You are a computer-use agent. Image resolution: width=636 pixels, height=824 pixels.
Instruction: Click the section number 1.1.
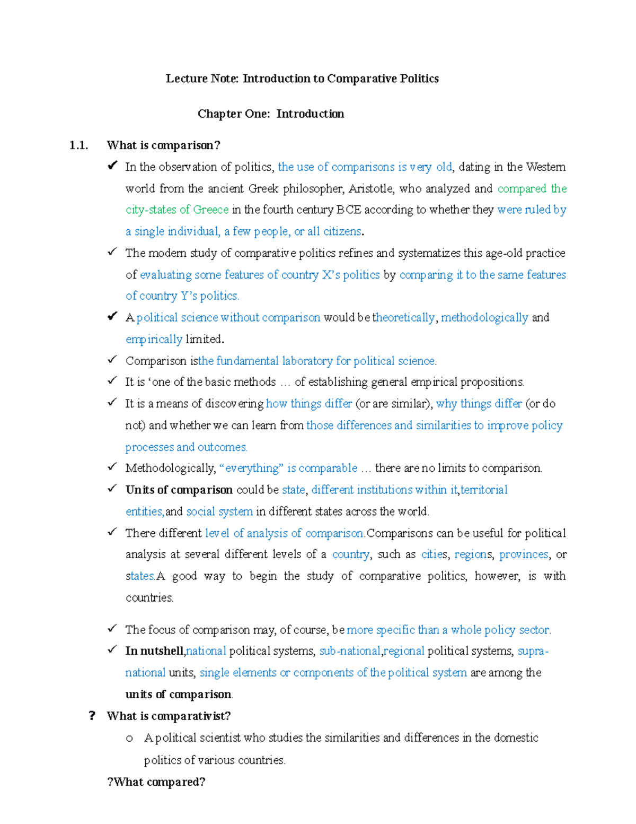78,145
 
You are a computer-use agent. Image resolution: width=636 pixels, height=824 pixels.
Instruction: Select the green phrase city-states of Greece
177,210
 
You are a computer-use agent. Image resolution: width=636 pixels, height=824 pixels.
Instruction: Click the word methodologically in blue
484,317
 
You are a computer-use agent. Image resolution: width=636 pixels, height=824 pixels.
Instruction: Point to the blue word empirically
154,339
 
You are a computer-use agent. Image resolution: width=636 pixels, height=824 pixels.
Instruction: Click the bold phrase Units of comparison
179,490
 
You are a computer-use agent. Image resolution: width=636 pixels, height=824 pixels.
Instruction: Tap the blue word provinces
524,554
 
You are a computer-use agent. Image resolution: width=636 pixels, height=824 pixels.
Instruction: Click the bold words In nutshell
155,651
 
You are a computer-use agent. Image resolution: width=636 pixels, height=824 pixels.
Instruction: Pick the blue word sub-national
350,651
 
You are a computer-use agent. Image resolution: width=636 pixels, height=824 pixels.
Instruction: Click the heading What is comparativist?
169,716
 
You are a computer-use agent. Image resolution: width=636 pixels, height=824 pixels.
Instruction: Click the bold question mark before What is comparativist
92,716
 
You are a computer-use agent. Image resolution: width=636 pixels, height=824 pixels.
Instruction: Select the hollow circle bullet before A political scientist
129,739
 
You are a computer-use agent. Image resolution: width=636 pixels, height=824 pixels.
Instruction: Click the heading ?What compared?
156,782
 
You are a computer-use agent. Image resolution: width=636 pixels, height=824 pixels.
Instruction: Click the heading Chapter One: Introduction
271,114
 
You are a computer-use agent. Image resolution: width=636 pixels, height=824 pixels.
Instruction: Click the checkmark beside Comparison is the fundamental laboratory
112,360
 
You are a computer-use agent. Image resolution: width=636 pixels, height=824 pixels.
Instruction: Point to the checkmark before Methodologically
112,467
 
